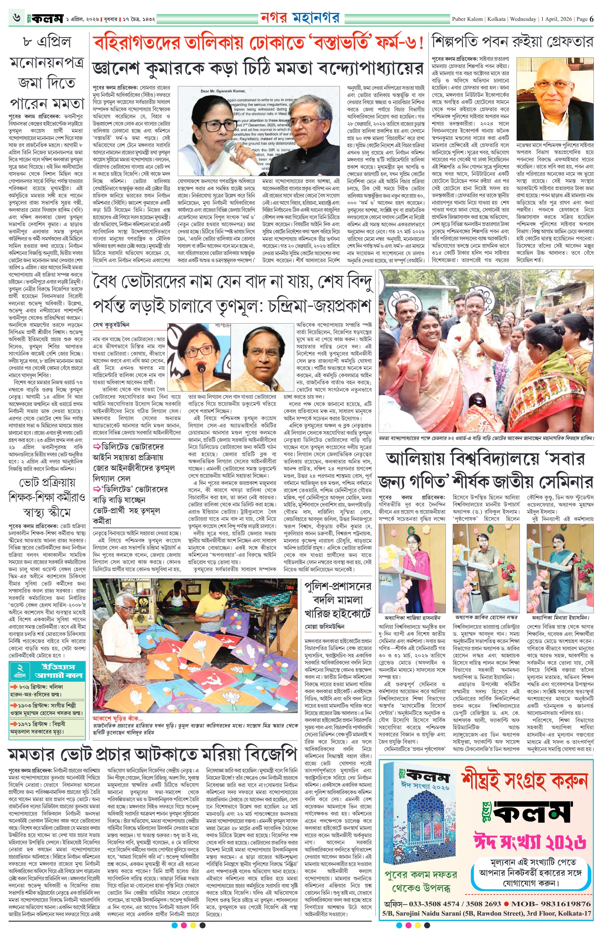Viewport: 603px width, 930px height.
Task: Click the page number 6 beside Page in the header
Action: (592, 18)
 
